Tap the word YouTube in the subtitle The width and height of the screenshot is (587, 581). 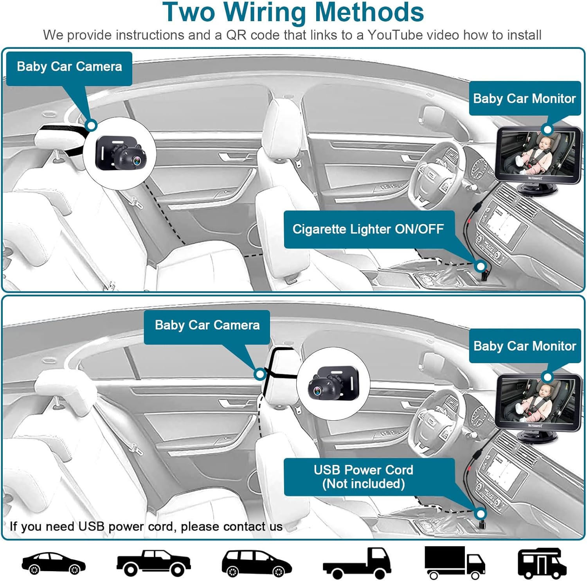click(x=395, y=35)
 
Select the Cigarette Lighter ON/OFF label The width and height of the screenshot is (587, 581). click(x=368, y=229)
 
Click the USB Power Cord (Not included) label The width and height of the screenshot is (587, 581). click(x=364, y=477)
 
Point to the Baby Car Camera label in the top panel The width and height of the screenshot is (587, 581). click(x=69, y=67)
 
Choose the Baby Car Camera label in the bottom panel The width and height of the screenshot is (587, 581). click(x=207, y=325)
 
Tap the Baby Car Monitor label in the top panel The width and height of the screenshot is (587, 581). click(x=524, y=99)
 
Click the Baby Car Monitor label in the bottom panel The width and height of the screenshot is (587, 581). click(x=524, y=346)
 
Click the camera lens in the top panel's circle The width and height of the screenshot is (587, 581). click(x=137, y=160)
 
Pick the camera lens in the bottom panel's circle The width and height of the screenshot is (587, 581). click(x=315, y=390)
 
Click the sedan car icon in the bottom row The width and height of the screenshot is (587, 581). click(x=53, y=563)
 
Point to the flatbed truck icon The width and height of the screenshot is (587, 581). click(x=357, y=563)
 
